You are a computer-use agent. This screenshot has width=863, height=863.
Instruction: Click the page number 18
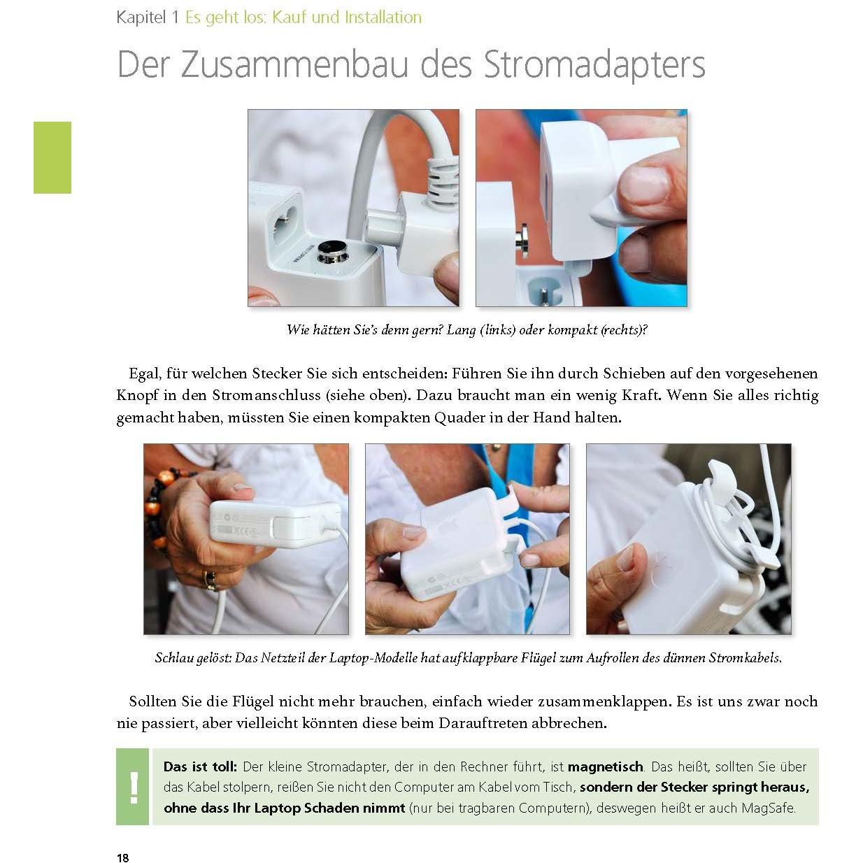pyautogui.click(x=123, y=857)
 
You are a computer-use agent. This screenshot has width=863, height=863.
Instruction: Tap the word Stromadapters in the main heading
pyautogui.click(x=594, y=64)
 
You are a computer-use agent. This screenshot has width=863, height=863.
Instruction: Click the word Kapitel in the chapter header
pyautogui.click(x=141, y=17)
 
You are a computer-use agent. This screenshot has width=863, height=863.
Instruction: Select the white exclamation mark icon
pyautogui.click(x=133, y=787)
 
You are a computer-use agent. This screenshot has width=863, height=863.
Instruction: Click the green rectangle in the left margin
pyautogui.click(x=52, y=157)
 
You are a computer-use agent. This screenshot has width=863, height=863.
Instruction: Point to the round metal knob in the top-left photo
pyautogui.click(x=331, y=250)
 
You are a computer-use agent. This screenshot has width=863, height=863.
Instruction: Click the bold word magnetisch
pyautogui.click(x=605, y=766)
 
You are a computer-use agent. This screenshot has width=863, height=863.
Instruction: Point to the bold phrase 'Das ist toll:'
pyautogui.click(x=200, y=766)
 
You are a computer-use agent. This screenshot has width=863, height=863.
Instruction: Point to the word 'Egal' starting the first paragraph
pyautogui.click(x=143, y=373)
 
